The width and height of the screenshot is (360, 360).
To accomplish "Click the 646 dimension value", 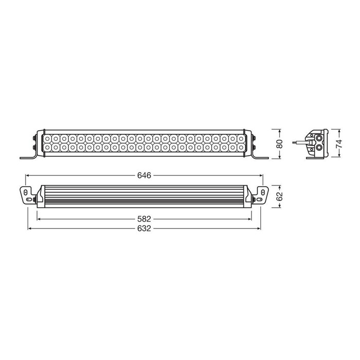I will point(144,175).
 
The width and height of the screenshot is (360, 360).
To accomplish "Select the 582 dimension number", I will point(144,218).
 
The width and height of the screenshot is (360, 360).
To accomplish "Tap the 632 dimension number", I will point(144,228).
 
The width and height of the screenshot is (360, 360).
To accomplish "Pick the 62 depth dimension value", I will point(280,195).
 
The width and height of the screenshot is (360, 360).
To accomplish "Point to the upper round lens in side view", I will point(320,138).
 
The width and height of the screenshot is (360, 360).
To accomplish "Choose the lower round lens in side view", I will point(320,147).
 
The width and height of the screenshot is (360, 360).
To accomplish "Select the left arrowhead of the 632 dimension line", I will point(29,228).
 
